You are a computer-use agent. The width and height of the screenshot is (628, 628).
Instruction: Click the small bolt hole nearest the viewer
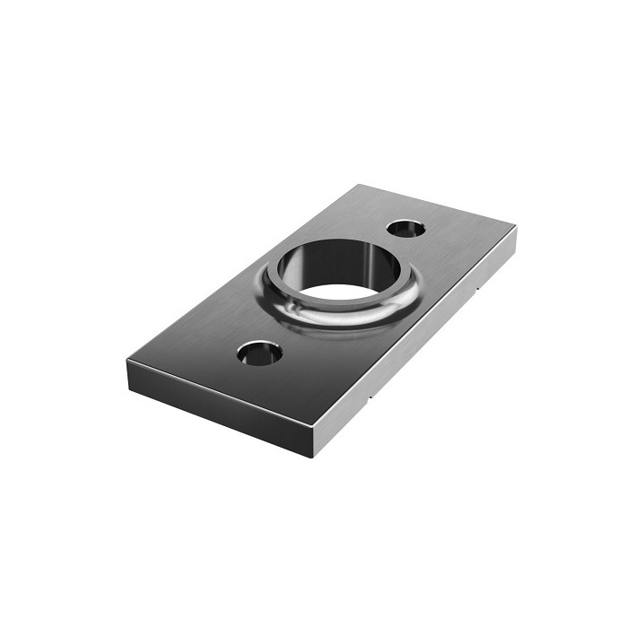point(259,353)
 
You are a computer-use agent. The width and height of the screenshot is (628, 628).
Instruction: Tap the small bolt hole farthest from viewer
point(408,228)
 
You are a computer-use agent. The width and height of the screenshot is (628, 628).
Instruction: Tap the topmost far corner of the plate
point(358,185)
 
